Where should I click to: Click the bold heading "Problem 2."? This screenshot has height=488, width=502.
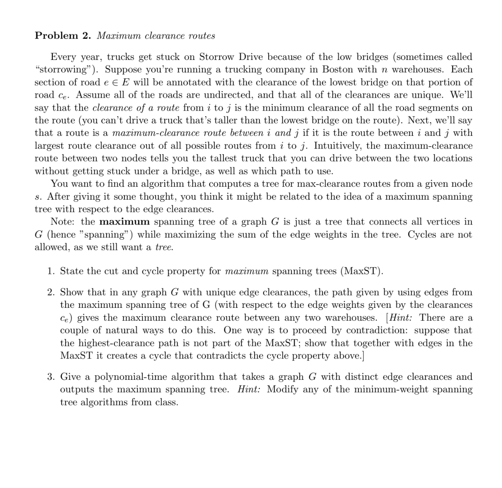(x=63, y=36)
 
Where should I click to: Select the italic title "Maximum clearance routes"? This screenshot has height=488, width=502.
(x=156, y=36)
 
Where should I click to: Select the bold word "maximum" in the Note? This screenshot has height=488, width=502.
(x=125, y=222)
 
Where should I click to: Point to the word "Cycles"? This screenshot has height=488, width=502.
(x=422, y=235)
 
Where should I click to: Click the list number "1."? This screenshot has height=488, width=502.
(x=51, y=271)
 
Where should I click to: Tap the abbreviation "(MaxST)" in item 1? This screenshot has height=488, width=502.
(x=362, y=271)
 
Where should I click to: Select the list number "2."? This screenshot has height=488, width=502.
(x=51, y=292)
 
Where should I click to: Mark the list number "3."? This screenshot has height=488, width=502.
(x=51, y=377)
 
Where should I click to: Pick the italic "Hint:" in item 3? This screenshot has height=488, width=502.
(x=249, y=390)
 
